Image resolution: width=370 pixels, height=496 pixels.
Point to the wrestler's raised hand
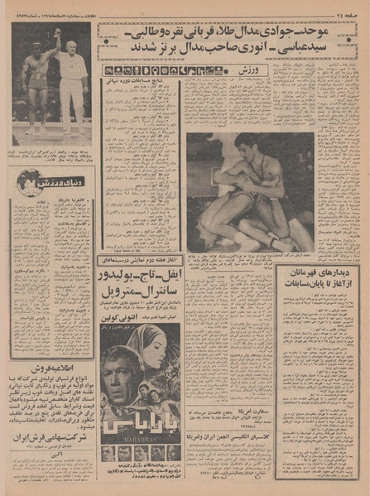coord(57,32)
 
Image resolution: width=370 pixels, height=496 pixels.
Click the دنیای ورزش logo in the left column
coord(41,178)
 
